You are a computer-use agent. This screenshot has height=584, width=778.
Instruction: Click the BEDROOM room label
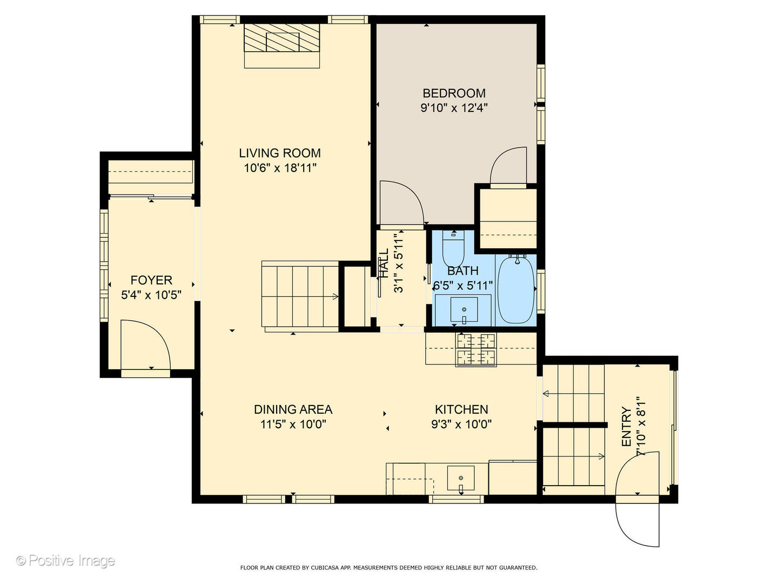454,93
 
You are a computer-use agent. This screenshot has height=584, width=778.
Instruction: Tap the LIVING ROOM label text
280,153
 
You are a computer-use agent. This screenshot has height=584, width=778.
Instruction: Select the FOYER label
151,280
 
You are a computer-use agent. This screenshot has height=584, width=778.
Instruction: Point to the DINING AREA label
293,409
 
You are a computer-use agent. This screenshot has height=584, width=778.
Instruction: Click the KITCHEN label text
461,409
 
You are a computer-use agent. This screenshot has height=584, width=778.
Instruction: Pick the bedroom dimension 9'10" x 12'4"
454,108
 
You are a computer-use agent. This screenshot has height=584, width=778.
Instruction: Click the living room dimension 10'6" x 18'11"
280,168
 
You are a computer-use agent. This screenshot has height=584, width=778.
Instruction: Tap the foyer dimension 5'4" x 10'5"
151,295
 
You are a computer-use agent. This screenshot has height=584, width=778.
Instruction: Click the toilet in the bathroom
453,249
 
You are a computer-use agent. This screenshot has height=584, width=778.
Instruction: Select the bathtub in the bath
516,290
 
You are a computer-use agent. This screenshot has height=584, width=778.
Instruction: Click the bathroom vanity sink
464,309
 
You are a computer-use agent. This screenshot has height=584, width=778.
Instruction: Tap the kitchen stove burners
475,350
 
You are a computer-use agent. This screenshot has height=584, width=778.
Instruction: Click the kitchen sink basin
461,478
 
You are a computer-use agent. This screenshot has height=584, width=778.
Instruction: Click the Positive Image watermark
65,561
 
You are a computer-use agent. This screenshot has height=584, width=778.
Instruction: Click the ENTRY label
627,427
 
